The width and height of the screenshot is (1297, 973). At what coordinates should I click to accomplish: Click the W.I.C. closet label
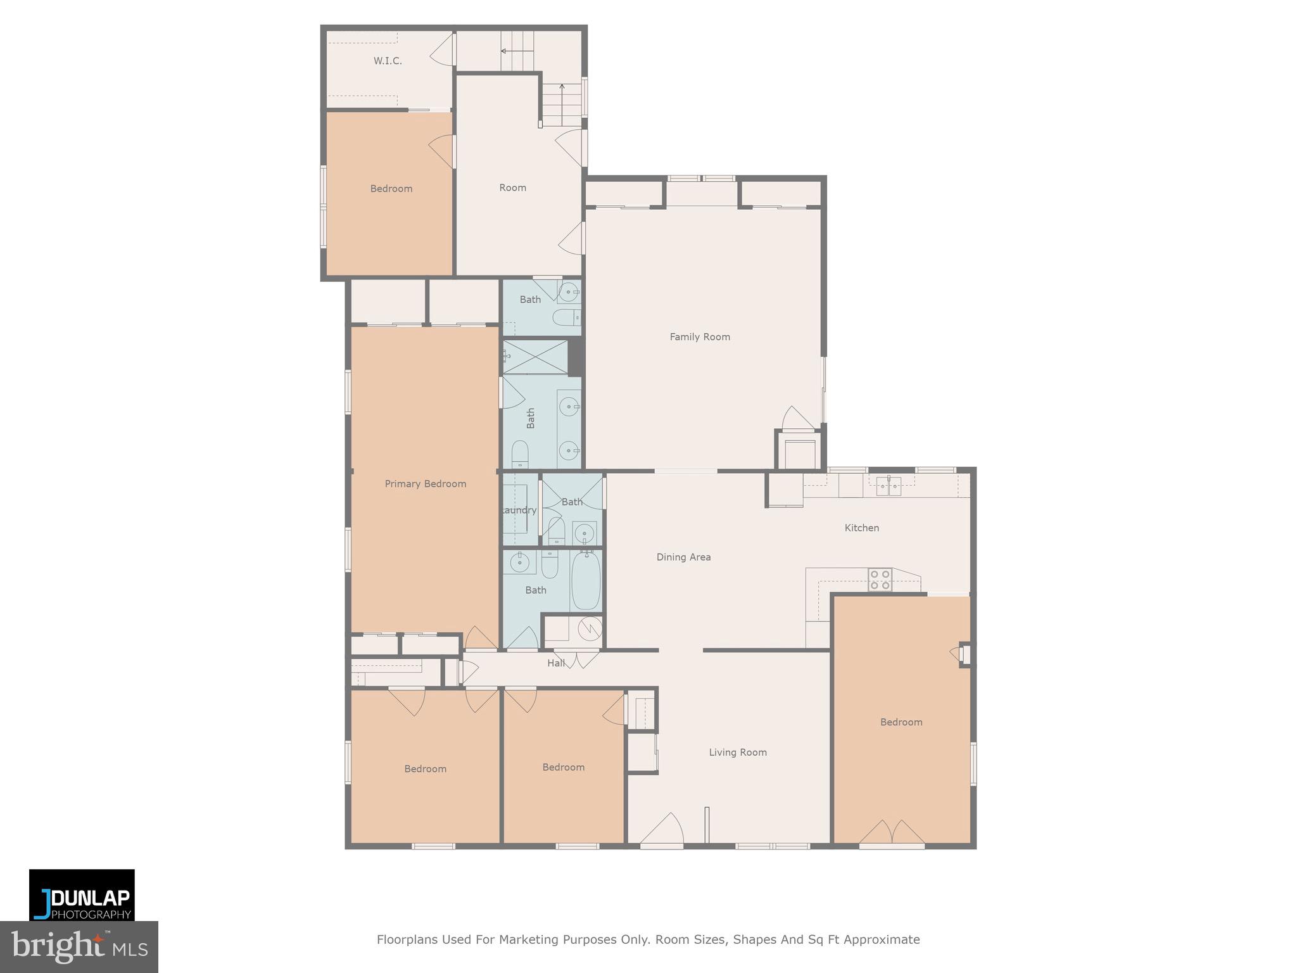coord(387,61)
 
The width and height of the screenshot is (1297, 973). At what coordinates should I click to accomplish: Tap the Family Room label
coord(700,337)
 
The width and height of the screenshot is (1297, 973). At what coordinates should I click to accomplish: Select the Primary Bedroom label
coord(425,484)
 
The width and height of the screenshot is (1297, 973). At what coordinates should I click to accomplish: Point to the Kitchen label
coord(861,528)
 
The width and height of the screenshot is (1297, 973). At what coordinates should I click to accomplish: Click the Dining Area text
coord(683,557)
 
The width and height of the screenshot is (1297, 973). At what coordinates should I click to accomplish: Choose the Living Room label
coord(737,753)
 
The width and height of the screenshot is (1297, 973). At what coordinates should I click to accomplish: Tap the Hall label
coord(555,663)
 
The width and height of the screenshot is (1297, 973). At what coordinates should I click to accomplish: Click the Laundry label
coord(519,511)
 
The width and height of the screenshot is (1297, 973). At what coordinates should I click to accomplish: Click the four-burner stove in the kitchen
coord(880,580)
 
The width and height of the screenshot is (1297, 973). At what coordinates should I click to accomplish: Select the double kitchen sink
coord(889,486)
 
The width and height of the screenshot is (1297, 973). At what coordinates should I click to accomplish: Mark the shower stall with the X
coord(535,357)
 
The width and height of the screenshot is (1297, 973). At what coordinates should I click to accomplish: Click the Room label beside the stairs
coord(512,188)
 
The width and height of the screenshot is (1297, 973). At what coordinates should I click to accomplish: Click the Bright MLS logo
coord(79,947)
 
